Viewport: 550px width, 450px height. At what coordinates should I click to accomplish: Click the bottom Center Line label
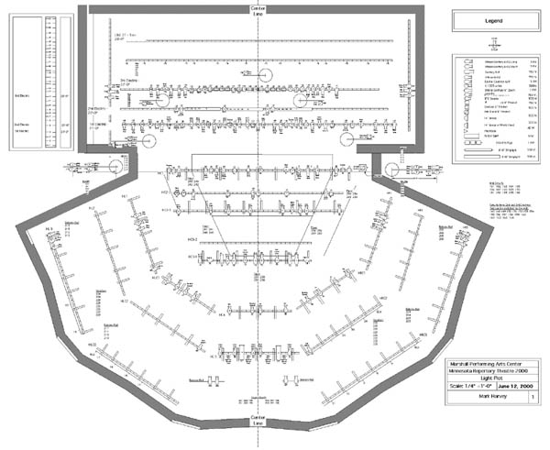point(260,421)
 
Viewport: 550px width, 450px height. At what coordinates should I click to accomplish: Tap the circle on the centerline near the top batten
point(260,75)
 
